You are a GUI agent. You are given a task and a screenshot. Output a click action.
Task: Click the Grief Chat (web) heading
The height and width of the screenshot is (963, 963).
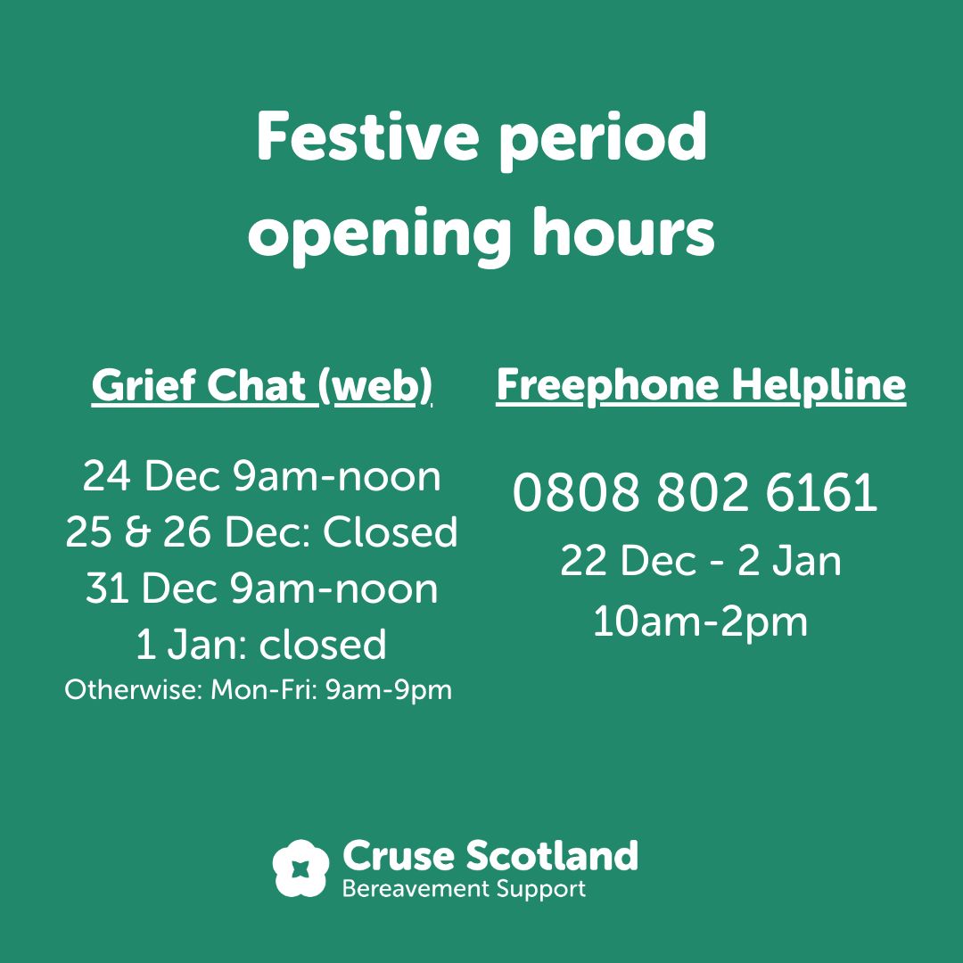pos(261,386)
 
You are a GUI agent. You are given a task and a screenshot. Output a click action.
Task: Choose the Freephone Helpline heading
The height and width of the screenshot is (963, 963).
pos(701,385)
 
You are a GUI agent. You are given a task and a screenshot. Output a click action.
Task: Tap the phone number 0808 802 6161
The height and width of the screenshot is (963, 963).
pos(695,494)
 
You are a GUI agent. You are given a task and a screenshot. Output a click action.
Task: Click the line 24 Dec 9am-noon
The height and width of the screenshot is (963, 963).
pos(261,477)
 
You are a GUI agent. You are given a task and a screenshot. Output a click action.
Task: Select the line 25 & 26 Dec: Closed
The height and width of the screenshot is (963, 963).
pos(261,532)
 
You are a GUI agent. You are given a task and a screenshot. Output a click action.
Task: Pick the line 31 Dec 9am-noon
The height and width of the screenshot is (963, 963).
pos(261,589)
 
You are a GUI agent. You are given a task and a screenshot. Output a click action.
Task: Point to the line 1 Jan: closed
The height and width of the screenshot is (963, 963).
pos(261,645)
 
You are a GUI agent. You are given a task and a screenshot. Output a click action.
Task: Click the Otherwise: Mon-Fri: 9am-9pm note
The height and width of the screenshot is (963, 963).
pos(258,690)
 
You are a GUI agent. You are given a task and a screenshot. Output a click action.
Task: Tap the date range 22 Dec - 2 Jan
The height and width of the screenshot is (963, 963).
pos(701,562)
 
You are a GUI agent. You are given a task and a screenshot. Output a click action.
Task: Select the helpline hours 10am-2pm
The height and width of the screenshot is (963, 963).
pos(701,621)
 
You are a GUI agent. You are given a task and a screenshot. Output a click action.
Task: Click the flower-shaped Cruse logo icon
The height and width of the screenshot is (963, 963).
pos(301,868)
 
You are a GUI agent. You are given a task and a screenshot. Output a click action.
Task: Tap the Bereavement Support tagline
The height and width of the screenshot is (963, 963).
pos(464,889)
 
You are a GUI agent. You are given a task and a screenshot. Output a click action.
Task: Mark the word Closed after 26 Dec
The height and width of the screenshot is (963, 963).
pos(390,532)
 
